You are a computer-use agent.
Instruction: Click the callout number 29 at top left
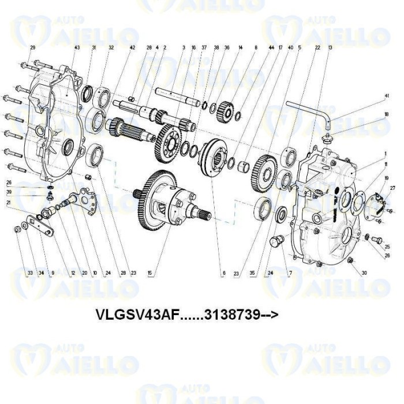(32, 47)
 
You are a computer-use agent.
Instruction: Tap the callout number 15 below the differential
(149, 274)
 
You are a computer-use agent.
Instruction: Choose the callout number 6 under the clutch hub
(223, 274)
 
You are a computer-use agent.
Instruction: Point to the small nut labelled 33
(17, 230)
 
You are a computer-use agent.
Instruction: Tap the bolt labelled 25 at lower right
(377, 238)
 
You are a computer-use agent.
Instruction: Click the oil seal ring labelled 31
(88, 93)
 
